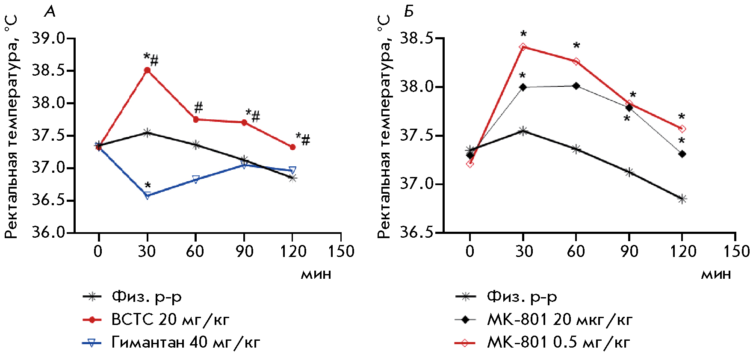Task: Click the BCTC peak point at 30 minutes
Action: coord(147,71)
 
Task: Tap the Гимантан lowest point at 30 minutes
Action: coord(148,196)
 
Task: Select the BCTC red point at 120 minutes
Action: coord(292,147)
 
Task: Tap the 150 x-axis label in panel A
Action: coord(341,251)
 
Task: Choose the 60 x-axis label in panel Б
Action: coord(576,251)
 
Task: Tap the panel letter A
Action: coord(50,12)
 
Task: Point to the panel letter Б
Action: coord(409,12)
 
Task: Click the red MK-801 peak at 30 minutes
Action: coord(523,47)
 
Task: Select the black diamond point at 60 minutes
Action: coord(576,86)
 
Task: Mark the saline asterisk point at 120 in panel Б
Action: coord(682,199)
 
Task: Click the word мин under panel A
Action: coord(316,274)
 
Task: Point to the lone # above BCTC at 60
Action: coord(198,107)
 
